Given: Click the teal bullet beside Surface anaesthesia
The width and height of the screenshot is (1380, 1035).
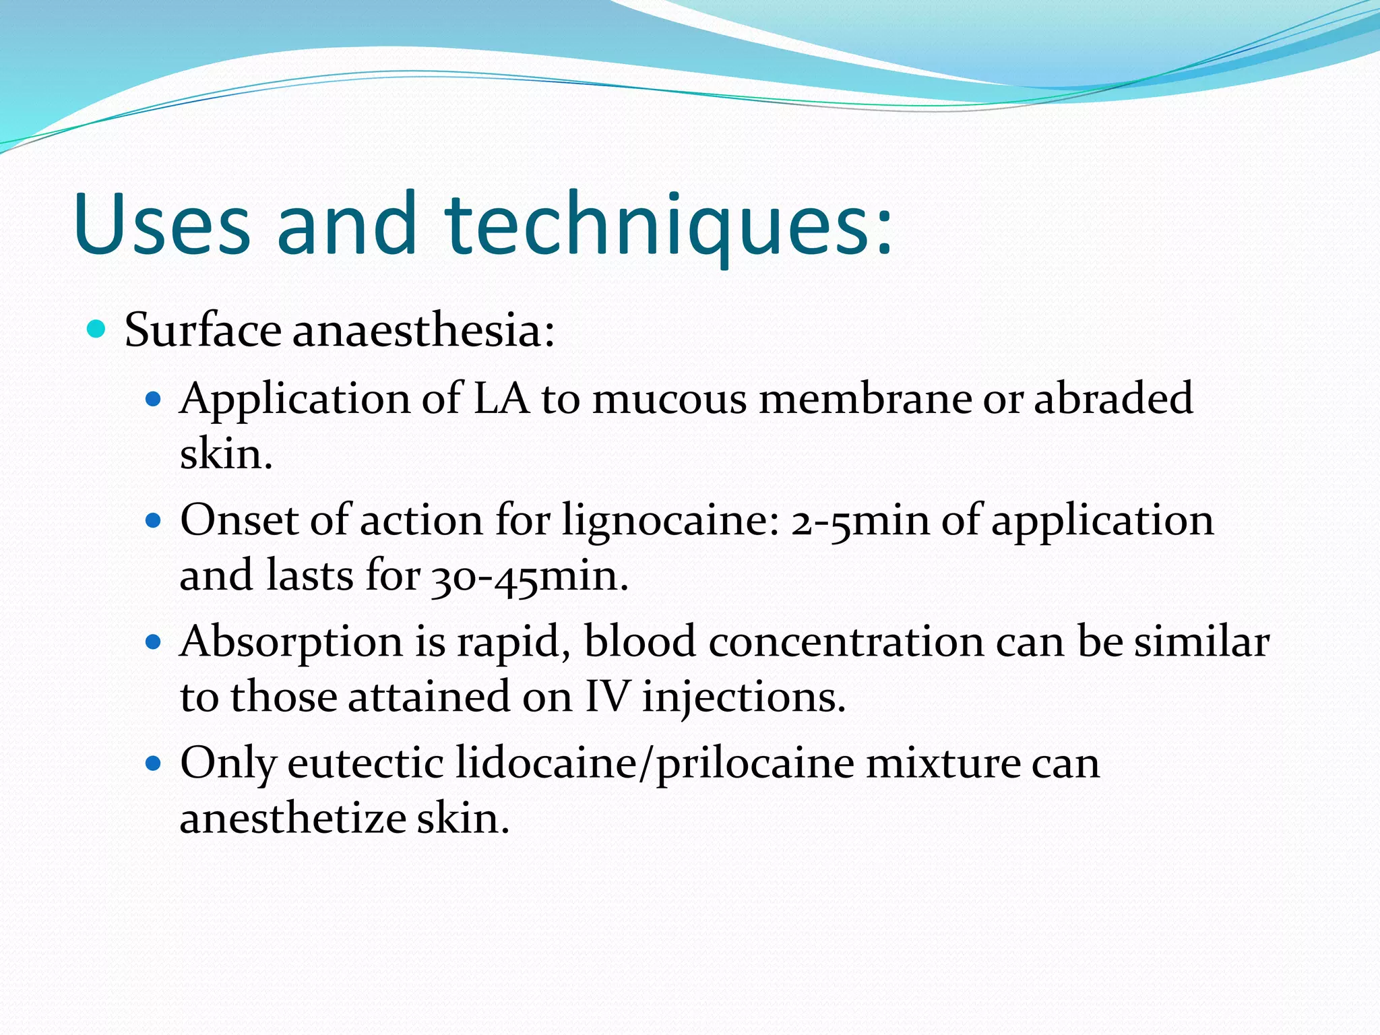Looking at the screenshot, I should [97, 330].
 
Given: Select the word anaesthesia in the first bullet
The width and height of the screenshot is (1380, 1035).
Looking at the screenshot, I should [423, 331].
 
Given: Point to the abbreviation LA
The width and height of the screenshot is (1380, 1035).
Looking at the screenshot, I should [501, 398].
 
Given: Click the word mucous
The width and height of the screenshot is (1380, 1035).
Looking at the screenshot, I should [669, 398].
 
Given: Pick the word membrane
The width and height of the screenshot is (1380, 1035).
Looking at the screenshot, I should [865, 398].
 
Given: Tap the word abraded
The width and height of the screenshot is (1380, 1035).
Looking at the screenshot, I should [1113, 398].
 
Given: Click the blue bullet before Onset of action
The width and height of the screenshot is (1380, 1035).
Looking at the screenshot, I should [154, 520].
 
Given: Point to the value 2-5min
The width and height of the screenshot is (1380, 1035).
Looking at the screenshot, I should [860, 522].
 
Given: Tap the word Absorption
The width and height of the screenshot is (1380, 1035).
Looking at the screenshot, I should [291, 642].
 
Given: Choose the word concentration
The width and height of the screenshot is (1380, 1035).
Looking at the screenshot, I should [846, 641].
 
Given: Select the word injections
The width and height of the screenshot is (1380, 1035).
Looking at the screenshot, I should [743, 698].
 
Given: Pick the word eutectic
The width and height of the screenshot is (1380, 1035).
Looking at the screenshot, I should [365, 763].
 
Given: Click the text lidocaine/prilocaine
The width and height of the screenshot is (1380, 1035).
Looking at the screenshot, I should [654, 765].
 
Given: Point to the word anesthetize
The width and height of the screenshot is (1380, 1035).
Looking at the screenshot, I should [292, 819].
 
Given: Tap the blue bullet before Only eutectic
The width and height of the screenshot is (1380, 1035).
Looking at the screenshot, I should [154, 763].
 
